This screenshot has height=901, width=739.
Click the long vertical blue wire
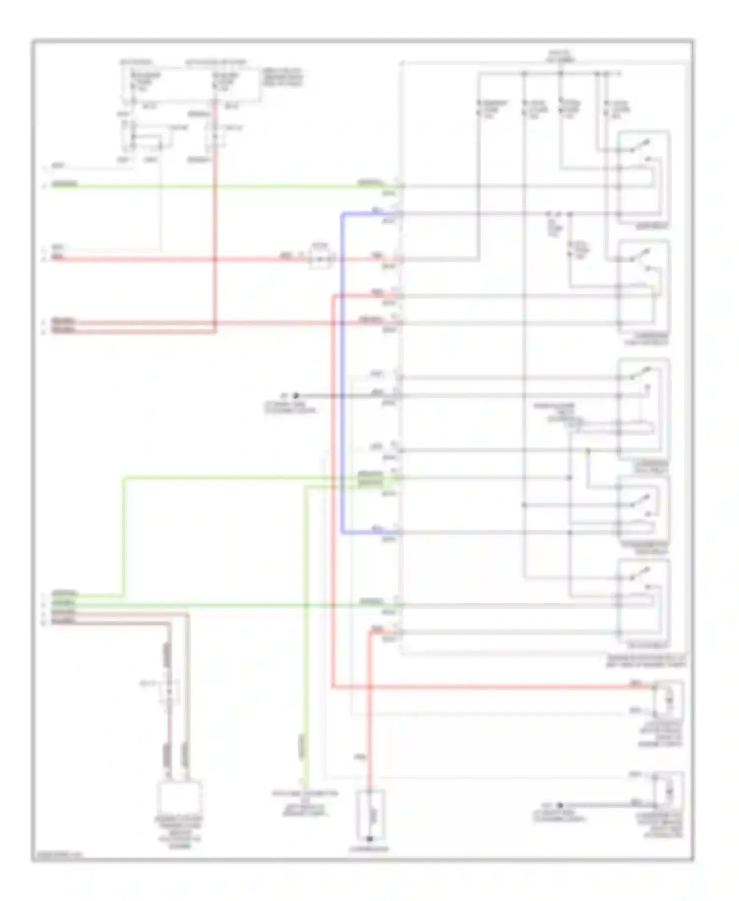point(342,375)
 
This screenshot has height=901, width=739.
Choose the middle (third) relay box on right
point(643,409)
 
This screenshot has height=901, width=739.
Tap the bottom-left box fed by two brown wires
point(179,798)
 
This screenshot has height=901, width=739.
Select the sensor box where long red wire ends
point(668,700)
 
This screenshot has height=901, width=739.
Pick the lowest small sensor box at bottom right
point(668,791)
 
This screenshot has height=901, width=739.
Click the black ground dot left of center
point(296,395)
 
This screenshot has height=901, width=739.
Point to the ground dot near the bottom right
point(560,805)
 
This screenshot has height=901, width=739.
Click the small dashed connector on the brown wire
point(168,690)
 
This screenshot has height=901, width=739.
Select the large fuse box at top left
point(192,84)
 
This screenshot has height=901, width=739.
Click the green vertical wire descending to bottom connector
point(305,641)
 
